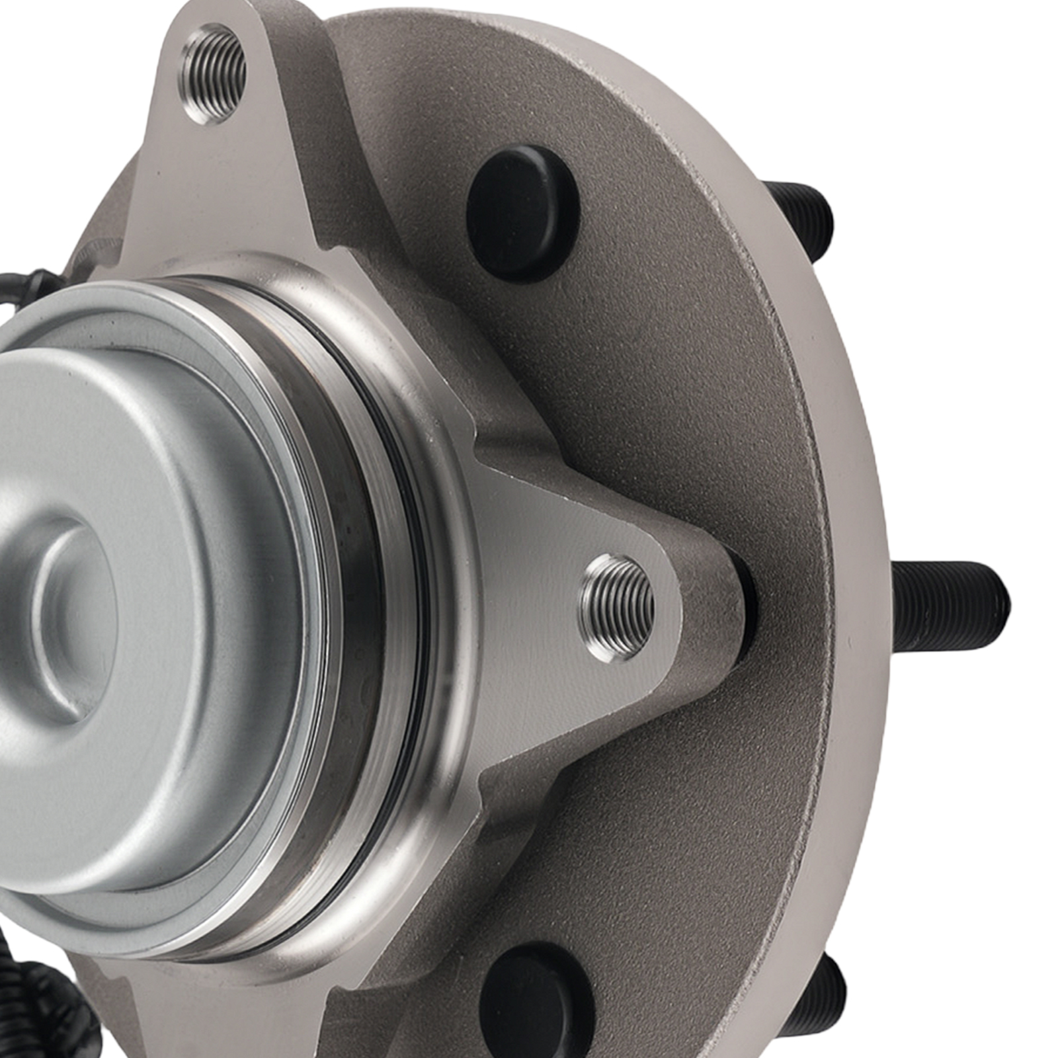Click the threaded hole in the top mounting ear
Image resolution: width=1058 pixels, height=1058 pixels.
[x=213, y=74]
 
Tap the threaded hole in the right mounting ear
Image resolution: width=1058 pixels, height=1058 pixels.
[x=616, y=607]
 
